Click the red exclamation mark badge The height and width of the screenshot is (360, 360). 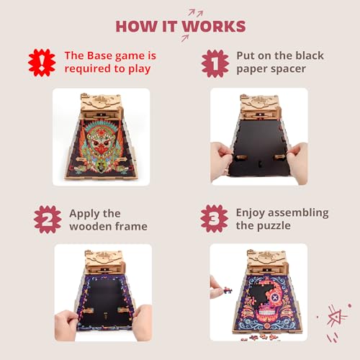[42, 63]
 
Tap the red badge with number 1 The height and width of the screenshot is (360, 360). [214, 63]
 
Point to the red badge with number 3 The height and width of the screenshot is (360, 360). [214, 220]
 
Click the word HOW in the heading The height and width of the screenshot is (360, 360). [133, 27]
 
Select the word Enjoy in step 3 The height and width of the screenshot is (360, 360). [254, 212]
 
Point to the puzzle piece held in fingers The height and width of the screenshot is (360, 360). [215, 282]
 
